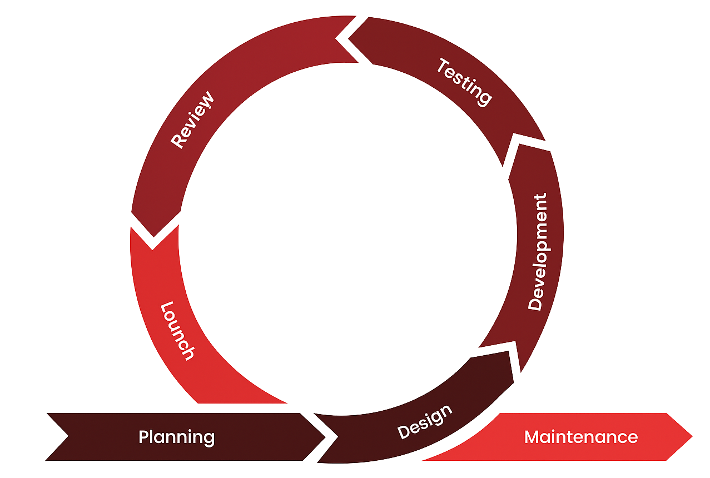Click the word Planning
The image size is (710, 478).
coord(176,437)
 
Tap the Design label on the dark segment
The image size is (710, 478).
coord(425,422)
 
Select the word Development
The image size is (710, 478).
coord(538,251)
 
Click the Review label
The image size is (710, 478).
coord(192,121)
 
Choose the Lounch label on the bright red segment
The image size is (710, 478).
coord(177,331)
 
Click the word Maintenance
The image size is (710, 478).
coord(581,437)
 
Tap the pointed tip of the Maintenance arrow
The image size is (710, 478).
coord(692,436)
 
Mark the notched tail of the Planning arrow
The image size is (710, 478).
coord(68,436)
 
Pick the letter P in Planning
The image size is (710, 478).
coord(143,437)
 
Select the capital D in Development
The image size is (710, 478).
coord(535,303)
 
